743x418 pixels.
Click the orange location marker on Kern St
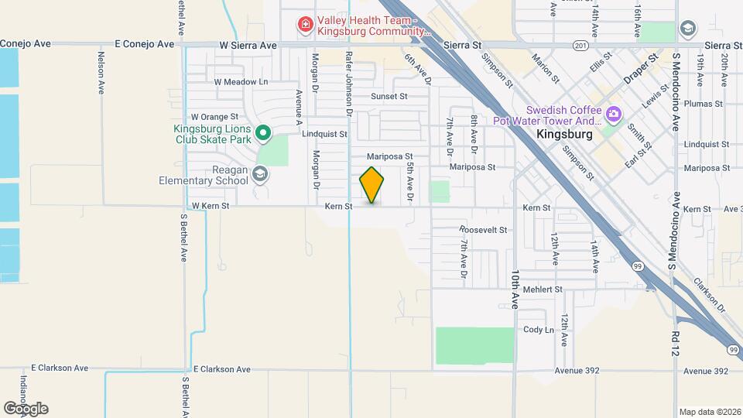point(372,185)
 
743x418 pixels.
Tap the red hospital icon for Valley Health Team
point(306,26)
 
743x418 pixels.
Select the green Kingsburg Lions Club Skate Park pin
point(262,134)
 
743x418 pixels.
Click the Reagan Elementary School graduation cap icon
point(261,175)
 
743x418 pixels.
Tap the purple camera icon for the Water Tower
point(614,115)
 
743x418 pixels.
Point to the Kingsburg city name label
point(564,134)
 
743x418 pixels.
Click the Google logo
point(26,408)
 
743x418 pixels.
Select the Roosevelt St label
point(482,230)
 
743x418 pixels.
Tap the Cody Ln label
point(539,329)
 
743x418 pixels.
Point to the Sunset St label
point(389,96)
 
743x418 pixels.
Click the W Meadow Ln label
point(241,81)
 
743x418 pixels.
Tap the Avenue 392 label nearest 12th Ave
point(577,372)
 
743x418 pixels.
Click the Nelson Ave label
point(101,73)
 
